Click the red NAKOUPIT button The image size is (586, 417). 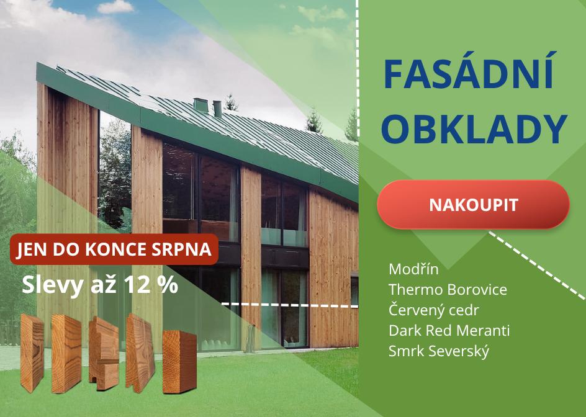tap(473, 204)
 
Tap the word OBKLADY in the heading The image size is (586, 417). tap(474, 129)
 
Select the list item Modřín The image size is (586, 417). tap(413, 269)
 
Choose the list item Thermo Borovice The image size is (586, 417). tap(448, 290)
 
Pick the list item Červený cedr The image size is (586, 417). tap(433, 310)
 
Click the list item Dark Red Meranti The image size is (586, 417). tap(449, 331)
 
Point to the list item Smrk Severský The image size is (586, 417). tap(439, 351)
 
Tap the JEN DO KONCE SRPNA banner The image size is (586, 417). tap(114, 249)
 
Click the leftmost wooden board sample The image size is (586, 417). tap(32, 352)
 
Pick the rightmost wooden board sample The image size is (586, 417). tap(179, 362)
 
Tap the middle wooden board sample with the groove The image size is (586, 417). tap(104, 353)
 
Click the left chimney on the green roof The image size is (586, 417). tap(200, 105)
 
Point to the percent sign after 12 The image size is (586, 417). tap(167, 285)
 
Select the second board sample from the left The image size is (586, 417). tap(66, 354)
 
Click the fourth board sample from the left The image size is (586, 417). tap(140, 352)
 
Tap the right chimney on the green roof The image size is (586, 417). tap(217, 109)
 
